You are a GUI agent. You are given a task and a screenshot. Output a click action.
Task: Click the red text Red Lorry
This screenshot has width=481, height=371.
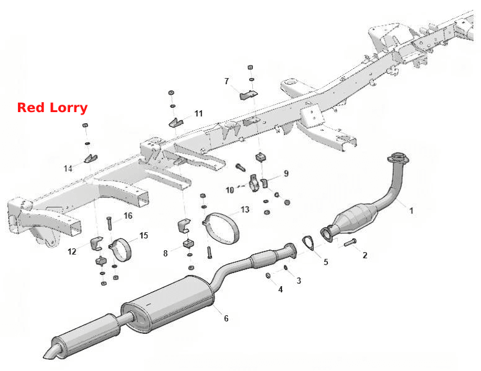pos(52,108)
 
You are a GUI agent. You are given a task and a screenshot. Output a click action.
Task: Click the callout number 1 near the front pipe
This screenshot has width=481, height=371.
pos(412,211)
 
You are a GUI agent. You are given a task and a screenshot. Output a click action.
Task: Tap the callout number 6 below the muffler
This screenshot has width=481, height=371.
pos(226,318)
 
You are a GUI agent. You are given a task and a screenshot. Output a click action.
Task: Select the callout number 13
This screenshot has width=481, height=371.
pos(245,210)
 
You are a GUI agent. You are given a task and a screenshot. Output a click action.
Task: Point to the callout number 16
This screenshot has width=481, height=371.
pos(128,216)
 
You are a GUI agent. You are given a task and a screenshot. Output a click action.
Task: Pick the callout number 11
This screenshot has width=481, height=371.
pos(199,114)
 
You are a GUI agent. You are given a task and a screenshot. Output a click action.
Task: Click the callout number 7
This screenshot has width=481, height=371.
pos(227,81)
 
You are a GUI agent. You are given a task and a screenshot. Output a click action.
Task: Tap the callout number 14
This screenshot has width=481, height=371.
pos(68,168)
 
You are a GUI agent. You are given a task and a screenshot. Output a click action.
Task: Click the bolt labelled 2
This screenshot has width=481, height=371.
pos(350,243)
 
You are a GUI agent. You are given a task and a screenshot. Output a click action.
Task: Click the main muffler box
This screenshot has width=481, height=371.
pos(168,303)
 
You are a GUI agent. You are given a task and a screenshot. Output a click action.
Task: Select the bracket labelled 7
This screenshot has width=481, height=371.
pos(248,95)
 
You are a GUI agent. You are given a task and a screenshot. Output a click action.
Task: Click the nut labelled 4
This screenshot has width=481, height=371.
pos(268,276)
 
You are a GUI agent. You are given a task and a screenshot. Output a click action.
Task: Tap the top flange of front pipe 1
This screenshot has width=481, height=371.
pos(398,157)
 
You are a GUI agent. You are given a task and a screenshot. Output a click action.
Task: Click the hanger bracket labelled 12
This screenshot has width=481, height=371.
pos(96,243)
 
